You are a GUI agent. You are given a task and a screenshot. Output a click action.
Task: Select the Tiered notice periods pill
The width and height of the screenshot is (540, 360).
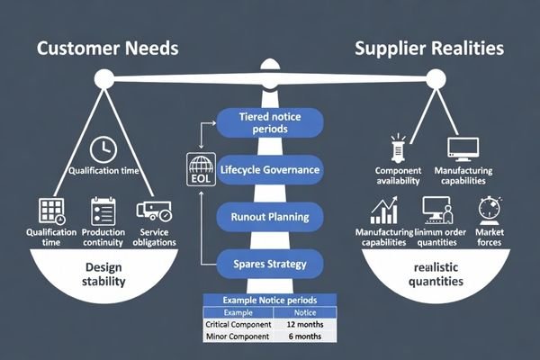(x=270, y=123)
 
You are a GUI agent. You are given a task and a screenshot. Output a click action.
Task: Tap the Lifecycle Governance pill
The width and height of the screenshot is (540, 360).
(x=270, y=170)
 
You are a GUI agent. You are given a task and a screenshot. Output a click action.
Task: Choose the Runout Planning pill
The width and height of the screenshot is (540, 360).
(x=270, y=217)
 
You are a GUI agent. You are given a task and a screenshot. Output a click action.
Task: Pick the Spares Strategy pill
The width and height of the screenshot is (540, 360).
(x=270, y=265)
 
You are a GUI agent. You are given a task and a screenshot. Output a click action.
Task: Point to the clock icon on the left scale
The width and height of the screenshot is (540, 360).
(x=103, y=148)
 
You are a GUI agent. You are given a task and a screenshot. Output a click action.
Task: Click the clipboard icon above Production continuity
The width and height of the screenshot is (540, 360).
(x=103, y=211)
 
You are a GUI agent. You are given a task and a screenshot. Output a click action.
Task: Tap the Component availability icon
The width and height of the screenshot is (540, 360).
(x=396, y=148)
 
